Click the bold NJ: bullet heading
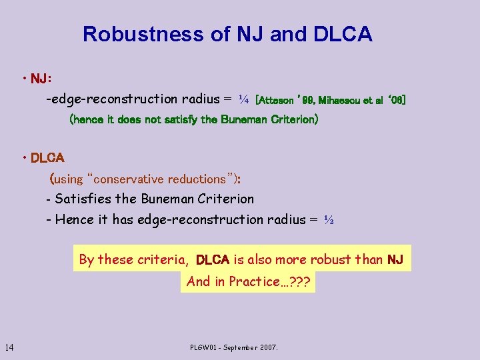click(x=41, y=79)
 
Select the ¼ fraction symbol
click(x=243, y=100)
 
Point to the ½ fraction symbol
click(x=328, y=219)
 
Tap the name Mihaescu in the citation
click(x=342, y=101)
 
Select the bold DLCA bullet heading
click(x=47, y=159)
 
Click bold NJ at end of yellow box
click(x=395, y=260)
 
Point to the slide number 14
click(x=10, y=347)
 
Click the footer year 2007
click(x=267, y=347)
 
